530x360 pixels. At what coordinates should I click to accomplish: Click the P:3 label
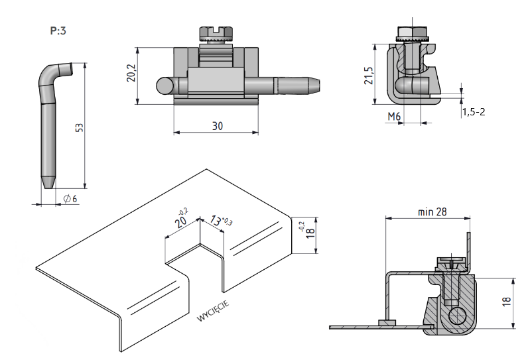(58, 30)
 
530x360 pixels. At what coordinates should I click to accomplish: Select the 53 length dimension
(80, 127)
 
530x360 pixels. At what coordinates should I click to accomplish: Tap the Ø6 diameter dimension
(70, 199)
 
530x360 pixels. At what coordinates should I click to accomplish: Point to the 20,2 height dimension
(131, 73)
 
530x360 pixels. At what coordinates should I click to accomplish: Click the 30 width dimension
(218, 126)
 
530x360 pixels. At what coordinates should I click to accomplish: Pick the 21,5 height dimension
(369, 76)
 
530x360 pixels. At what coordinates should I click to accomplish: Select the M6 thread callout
(394, 117)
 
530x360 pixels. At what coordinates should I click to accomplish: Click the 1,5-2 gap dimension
(474, 111)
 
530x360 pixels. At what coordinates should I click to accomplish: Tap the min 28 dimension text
(432, 211)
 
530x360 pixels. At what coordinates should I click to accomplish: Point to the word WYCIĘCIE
(213, 311)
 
